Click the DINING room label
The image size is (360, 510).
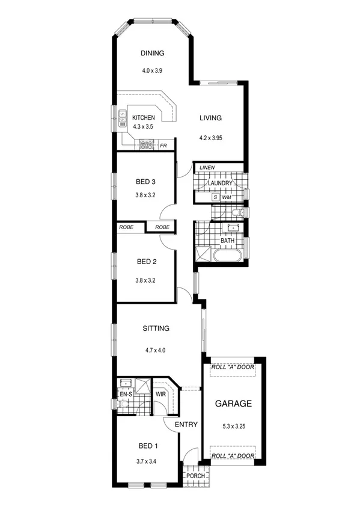tap(153, 54)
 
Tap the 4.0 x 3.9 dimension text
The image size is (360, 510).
tap(153, 70)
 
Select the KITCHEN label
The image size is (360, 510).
tap(144, 118)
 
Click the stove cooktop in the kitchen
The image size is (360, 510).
tap(145, 144)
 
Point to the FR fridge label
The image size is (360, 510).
tap(163, 145)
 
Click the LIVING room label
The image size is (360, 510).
tap(211, 118)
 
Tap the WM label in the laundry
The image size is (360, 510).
tap(227, 197)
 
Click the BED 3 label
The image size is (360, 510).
tap(147, 182)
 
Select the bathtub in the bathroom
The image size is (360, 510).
tap(226, 256)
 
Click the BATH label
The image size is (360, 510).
tap(227, 241)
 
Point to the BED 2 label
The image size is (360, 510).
tap(147, 262)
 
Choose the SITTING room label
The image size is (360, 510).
tap(156, 328)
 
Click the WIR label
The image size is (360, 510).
tap(160, 395)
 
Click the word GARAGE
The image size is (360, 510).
tap(233, 404)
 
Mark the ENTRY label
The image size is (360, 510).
tap(186, 425)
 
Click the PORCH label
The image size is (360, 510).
tap(196, 476)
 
